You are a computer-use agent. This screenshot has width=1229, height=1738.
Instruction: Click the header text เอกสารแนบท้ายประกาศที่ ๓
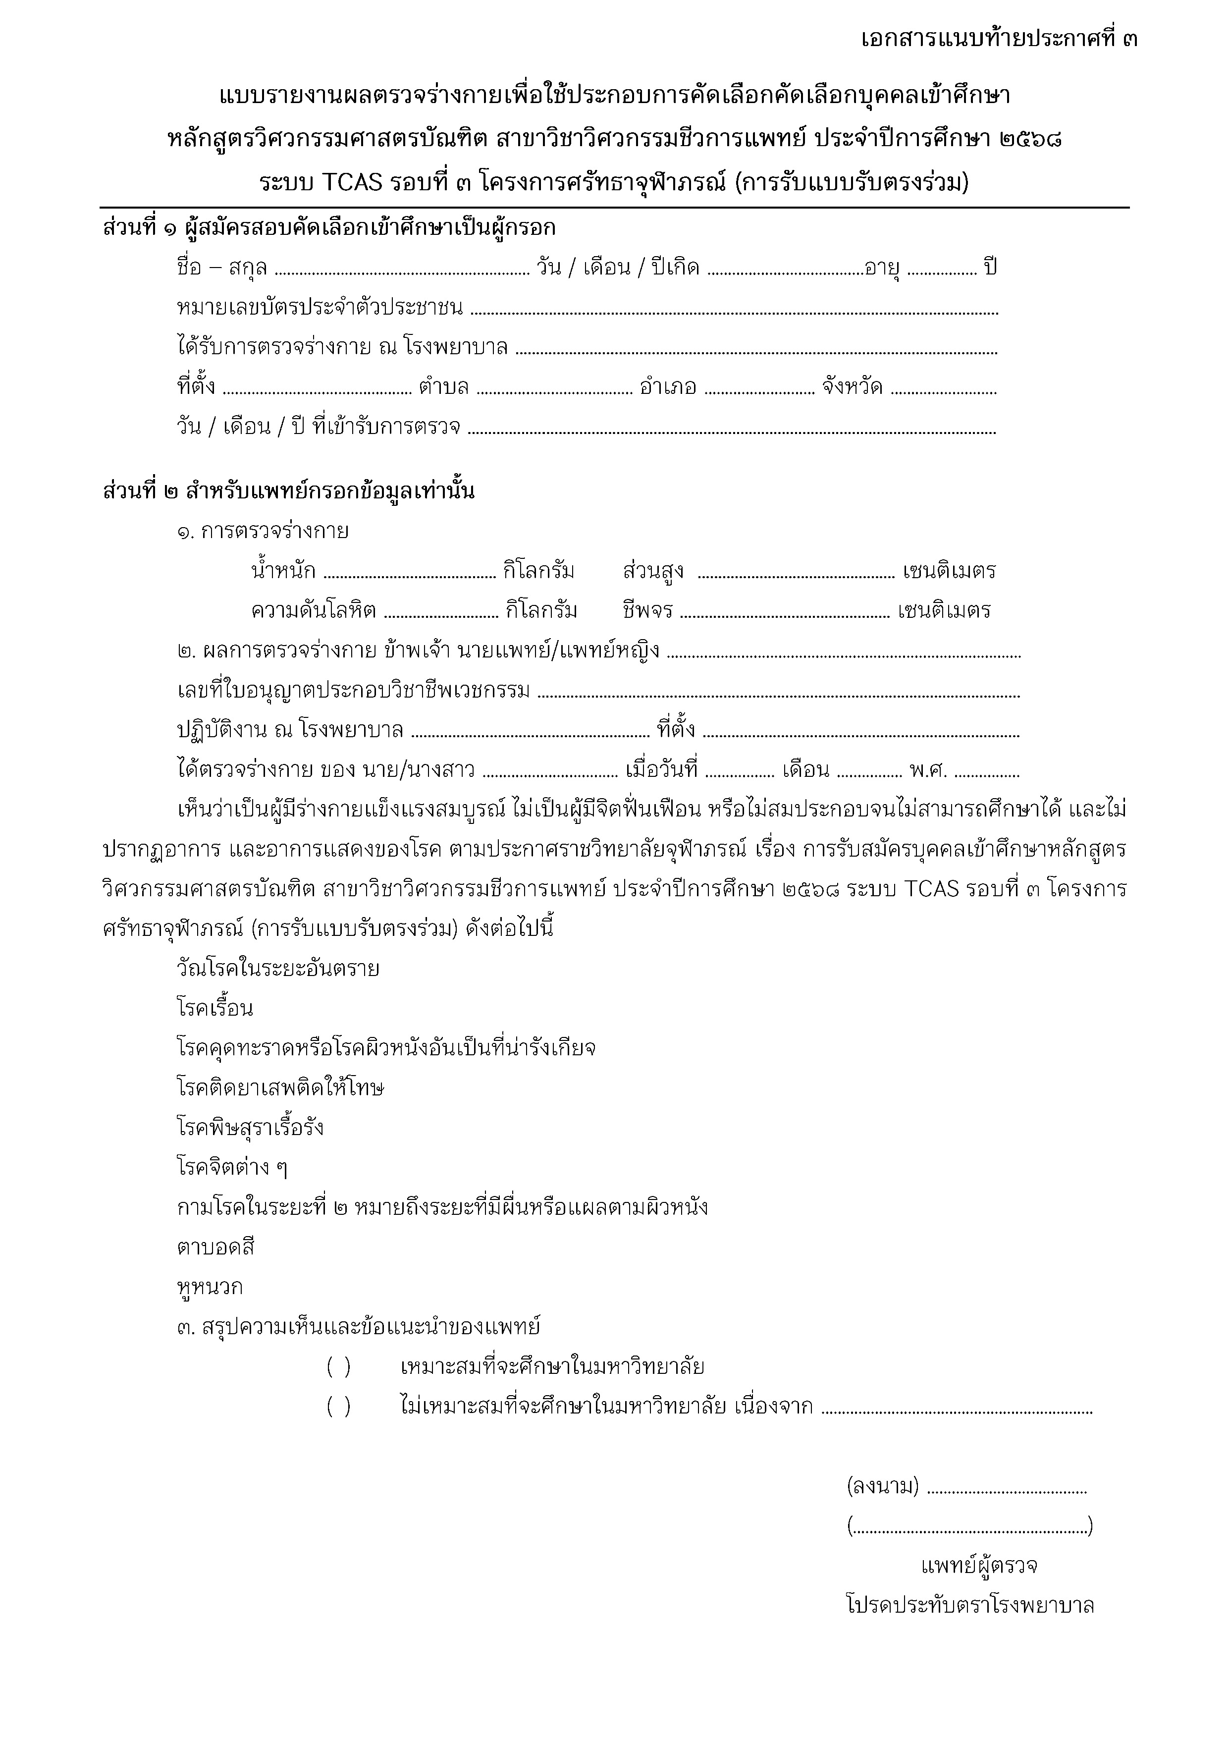pyautogui.click(x=999, y=38)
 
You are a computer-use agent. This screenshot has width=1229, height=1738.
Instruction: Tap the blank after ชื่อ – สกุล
pyautogui.click(x=401, y=270)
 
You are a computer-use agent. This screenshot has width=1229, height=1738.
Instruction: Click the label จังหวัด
pyautogui.click(x=852, y=387)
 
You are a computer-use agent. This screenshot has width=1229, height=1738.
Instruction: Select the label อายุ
pyautogui.click(x=882, y=268)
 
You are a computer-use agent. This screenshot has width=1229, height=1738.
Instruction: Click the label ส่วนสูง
pyautogui.click(x=653, y=571)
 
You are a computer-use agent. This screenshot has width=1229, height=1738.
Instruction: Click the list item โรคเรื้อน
pyautogui.click(x=215, y=1008)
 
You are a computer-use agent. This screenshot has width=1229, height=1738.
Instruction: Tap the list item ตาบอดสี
pyautogui.click(x=215, y=1247)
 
